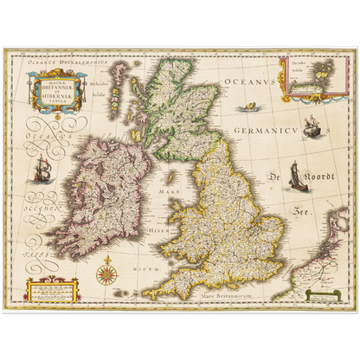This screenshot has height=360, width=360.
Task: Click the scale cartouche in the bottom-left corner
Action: pos(50,290)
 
